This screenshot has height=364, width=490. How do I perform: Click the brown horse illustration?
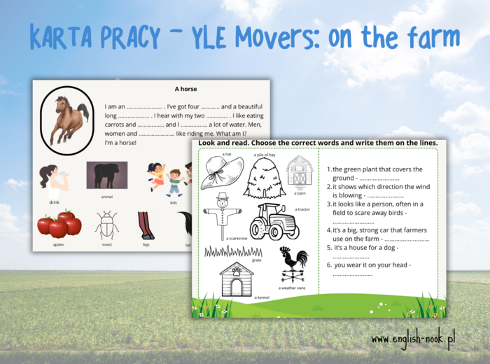pos(68,120)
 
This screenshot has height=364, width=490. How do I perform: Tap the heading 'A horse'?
pos(185,89)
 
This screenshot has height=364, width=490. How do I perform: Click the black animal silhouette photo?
pos(107,175)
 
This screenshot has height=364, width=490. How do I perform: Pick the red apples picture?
pos(59,224)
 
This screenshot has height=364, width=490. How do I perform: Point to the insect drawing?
pos(107,225)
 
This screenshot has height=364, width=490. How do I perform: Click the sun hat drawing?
pos(222,171)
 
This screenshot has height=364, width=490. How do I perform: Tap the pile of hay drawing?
pos(265,176)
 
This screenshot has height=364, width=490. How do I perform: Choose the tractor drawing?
pos(274,222)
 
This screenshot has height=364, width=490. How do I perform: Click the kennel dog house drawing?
pos(237,279)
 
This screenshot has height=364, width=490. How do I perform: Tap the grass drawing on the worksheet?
pos(233,251)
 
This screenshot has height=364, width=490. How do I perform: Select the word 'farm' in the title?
pos(430,36)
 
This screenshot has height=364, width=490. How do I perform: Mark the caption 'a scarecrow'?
pos(237,238)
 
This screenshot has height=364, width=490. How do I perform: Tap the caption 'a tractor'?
pos(302,209)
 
